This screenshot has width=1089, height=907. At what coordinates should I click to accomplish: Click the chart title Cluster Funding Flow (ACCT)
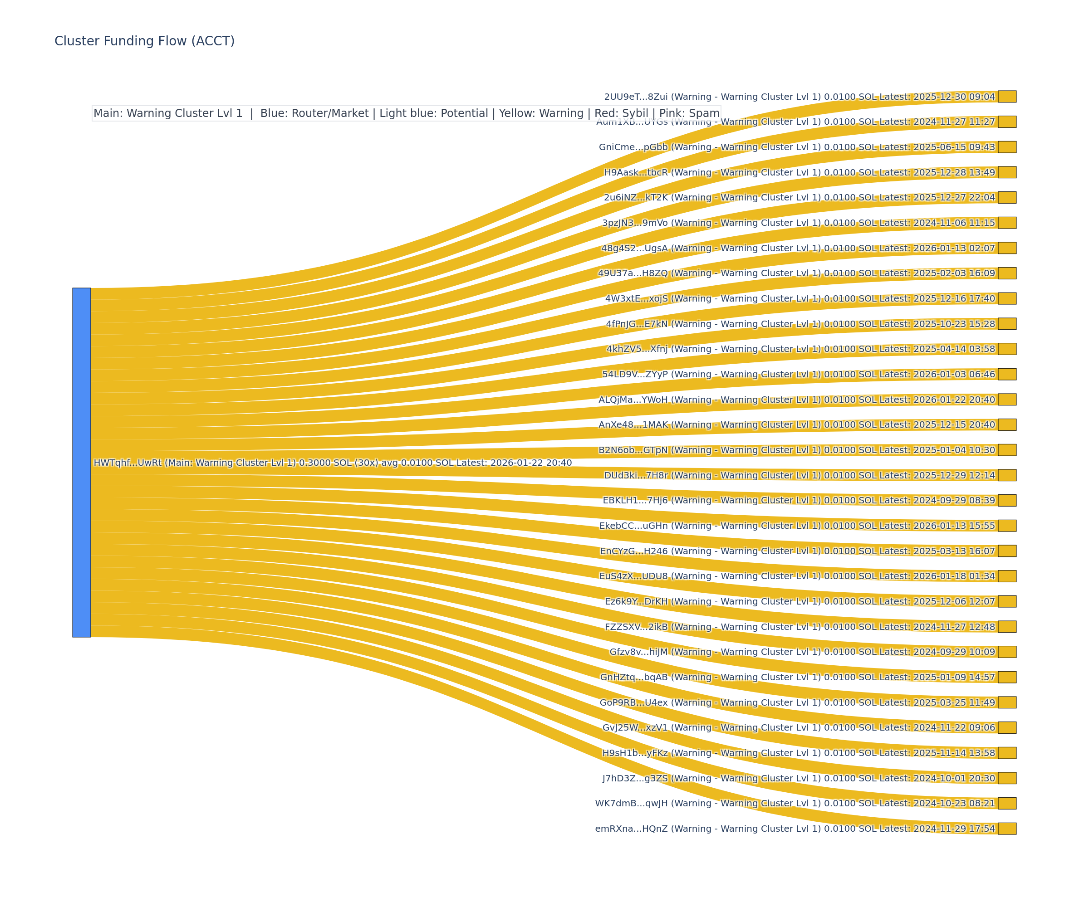coord(144,41)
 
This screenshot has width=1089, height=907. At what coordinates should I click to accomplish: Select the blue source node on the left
coord(81,462)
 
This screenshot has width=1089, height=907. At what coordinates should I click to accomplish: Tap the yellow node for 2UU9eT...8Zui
coord(1006,97)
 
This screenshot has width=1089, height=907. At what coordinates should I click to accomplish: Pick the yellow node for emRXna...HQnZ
coord(1006,828)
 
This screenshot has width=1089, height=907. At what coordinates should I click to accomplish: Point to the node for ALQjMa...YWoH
coord(1006,399)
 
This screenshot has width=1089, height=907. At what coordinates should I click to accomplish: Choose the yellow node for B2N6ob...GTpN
coord(1006,450)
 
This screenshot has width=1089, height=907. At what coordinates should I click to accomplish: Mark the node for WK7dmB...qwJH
coord(1006,803)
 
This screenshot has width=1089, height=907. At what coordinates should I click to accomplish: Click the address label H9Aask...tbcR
coord(636,173)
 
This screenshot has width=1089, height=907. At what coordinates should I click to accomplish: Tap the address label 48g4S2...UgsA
coord(634,248)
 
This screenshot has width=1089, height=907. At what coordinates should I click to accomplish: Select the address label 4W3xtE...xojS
coord(636,298)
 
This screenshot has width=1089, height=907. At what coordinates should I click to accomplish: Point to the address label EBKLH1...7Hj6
coord(635,500)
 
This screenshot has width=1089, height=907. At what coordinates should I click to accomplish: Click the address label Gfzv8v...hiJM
coord(638,652)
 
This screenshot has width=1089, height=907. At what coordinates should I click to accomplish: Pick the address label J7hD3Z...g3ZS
coord(635,778)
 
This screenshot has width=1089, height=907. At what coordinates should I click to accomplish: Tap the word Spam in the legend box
coord(704,113)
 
